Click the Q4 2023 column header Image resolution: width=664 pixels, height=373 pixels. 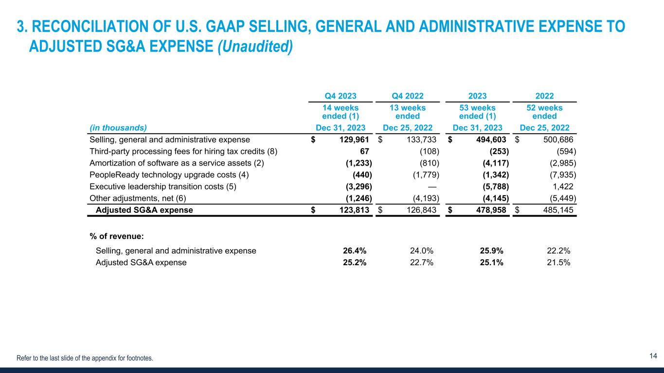click(x=341, y=96)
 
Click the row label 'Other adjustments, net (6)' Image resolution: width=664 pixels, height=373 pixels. click(x=138, y=198)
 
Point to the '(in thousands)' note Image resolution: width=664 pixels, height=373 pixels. click(x=118, y=128)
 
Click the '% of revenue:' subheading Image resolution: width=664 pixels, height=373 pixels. click(x=116, y=236)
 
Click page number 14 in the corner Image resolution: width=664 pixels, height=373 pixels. click(x=653, y=356)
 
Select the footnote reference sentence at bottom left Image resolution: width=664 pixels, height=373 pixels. click(x=85, y=358)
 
